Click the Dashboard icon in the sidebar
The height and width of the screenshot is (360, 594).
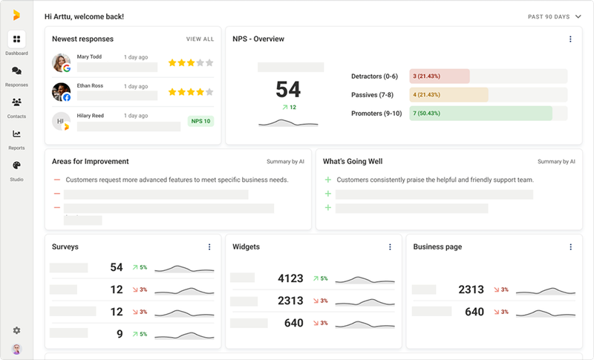tap(16, 39)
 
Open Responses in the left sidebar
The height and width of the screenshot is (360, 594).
tap(16, 71)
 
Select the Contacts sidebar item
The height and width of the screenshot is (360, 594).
tap(16, 102)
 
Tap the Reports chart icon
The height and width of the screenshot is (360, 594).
tap(16, 134)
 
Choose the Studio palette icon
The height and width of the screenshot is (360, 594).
tap(16, 166)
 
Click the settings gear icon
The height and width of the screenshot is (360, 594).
tap(16, 330)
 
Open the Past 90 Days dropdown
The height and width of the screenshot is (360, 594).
tap(554, 16)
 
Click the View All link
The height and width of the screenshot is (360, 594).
tap(200, 39)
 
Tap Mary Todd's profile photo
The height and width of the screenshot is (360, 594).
tap(62, 62)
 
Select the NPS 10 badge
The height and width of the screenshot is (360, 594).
tap(200, 121)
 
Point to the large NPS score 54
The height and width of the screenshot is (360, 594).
tap(288, 90)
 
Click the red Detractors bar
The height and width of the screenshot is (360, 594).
tap(440, 76)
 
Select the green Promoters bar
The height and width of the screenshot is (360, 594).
tap(480, 113)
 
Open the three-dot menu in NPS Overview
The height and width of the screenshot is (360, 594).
tap(570, 39)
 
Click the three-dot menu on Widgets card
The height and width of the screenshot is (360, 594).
tap(390, 246)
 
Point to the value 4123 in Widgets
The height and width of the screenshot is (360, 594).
tap(290, 278)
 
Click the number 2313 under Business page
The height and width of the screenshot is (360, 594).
tap(471, 289)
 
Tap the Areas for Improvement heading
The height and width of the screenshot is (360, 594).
tap(91, 161)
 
